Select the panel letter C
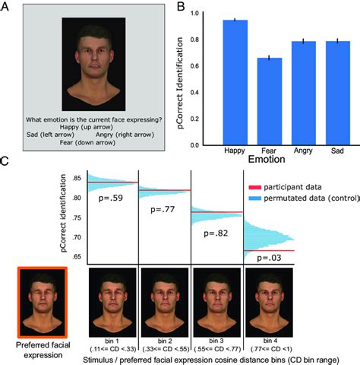tap(5, 162)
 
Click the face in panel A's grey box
tap(89, 63)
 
